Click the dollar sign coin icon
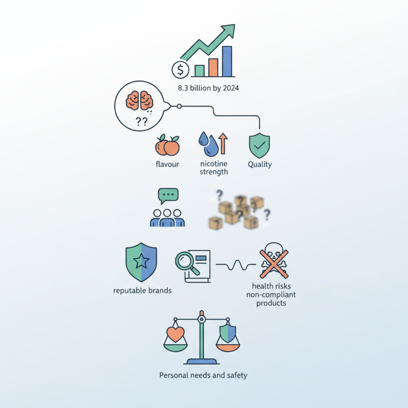181,70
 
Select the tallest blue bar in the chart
227,61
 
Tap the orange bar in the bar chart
213,68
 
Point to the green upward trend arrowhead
228,30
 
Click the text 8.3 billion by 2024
209,88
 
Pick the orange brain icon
139,100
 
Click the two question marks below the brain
142,121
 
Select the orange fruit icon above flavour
167,145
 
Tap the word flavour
167,164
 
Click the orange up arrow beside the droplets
223,143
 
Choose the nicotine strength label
214,168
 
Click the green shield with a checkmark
260,145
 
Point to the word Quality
260,164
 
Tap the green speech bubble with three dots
168,196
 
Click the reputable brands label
142,290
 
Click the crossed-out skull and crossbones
274,261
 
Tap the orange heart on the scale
175,335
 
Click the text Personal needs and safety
203,375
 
